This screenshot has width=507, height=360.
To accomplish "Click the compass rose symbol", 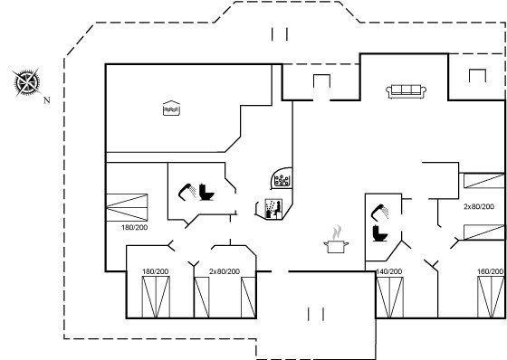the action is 27,82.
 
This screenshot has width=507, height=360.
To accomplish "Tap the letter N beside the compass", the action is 47,100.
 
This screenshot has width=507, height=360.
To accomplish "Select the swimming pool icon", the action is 171,109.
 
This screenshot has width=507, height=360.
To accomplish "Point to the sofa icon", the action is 407,91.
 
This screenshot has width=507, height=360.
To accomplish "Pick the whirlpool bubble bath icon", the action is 282,180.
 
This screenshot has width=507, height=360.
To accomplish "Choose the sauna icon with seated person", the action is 273,208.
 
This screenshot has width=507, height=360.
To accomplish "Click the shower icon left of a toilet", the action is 187,192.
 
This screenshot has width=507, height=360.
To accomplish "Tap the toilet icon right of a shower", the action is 206,192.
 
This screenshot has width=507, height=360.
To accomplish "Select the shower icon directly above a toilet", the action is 379,212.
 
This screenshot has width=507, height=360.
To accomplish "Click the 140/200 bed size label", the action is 389,271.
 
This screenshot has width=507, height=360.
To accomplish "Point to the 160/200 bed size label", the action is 491,271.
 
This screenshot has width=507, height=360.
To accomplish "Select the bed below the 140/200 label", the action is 389,298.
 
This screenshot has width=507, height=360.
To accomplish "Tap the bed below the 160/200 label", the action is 491,298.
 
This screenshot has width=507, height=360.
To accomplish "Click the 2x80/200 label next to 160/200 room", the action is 479,206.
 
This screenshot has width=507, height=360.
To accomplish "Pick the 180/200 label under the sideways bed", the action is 135,228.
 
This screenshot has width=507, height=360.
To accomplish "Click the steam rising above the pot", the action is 337,232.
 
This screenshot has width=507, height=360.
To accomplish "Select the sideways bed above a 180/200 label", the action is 127,207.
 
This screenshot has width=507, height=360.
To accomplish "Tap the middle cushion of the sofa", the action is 407,90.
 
